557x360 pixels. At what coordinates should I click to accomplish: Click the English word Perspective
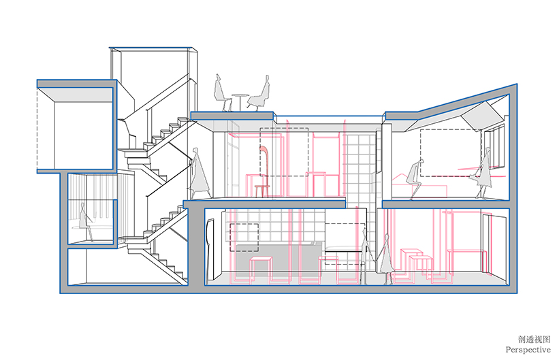tap(528, 348)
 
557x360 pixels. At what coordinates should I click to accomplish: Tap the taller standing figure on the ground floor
tap(366, 255)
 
